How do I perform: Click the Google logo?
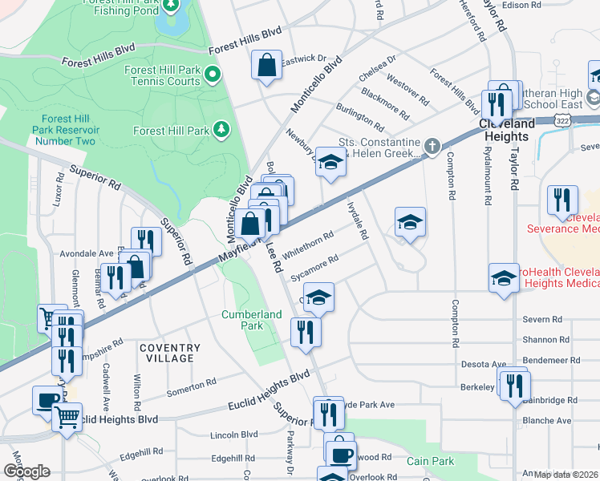26,471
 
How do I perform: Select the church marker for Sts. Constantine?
432,145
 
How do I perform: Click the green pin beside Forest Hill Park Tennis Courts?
213,76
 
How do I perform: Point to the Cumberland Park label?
253,321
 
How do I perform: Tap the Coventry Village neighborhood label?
169,353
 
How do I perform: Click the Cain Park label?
430,461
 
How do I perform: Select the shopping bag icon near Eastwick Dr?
266,66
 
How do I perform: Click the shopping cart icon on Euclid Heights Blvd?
67,416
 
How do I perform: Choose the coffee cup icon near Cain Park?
342,455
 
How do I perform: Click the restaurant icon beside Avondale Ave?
146,240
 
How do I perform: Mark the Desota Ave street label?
484,364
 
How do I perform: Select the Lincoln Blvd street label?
233,435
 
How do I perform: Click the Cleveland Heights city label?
507,130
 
